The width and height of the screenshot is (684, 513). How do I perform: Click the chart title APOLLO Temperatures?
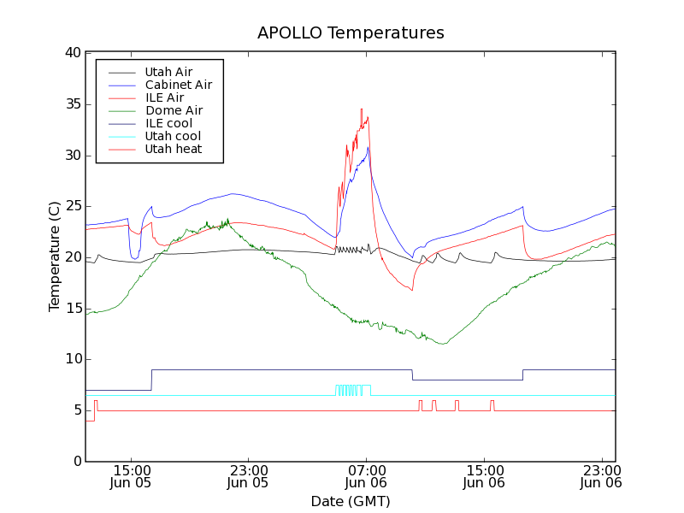pos(351,33)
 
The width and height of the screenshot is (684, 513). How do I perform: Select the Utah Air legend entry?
pos(168,73)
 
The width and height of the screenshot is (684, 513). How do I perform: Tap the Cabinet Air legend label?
pos(178,85)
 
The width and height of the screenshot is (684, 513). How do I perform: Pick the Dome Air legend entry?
pos(173,110)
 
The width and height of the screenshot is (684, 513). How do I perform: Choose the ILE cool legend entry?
pos(168,123)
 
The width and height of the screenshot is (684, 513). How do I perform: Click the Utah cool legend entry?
pos(173,136)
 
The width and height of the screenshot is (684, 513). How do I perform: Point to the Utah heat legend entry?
pos(173,149)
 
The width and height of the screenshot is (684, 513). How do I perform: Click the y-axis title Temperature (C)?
pos(55,256)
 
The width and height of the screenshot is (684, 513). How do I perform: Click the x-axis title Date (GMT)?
pos(351,501)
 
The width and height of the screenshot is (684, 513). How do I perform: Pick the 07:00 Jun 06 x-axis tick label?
pos(367,476)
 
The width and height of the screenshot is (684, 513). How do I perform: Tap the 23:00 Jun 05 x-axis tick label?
pos(248,476)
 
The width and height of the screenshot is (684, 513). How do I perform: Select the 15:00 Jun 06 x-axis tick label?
pos(484,476)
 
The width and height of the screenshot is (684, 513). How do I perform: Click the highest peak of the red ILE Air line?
pos(362,109)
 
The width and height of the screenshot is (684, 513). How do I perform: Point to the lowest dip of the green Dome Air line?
pos(442,344)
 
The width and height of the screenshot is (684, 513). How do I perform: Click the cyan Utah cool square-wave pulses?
pos(353,390)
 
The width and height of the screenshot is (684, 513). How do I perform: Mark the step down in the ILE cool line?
pos(412,374)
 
